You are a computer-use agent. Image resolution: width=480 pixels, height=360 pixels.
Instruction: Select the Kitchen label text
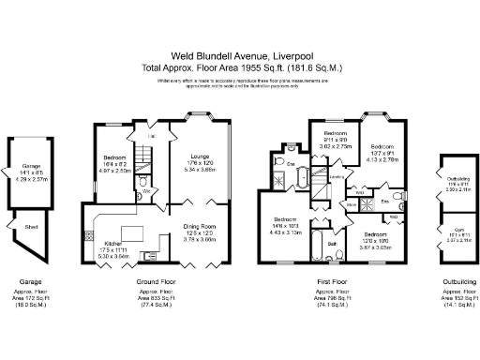pyautogui.click(x=115, y=242)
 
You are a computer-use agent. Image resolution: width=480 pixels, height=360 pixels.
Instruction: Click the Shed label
pyautogui.click(x=31, y=223)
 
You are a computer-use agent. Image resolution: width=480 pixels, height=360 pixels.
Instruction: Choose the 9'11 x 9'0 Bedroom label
pyautogui.click(x=337, y=134)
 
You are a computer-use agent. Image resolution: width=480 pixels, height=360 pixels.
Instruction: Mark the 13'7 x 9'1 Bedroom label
pyautogui.click(x=382, y=147)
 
